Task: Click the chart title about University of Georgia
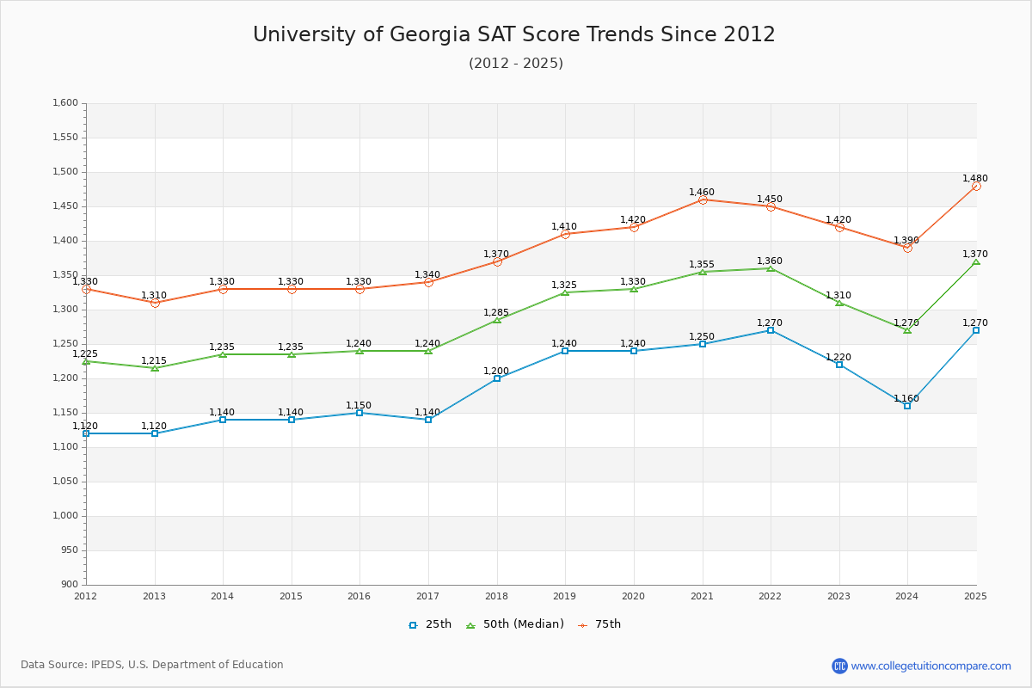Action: (x=514, y=34)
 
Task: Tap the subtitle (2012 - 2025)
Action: (x=516, y=64)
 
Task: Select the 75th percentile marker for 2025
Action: (x=976, y=186)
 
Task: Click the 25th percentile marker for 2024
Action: (x=907, y=406)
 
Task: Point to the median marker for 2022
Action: (x=771, y=268)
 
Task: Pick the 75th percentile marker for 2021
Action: (x=703, y=200)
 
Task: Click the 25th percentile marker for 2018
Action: (x=497, y=378)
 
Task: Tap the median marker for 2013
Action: (x=155, y=368)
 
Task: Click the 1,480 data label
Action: (x=975, y=179)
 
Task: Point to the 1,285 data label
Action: (x=496, y=313)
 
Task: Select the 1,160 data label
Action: (x=906, y=399)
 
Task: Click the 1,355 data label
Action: (x=702, y=265)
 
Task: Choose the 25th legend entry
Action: (x=430, y=624)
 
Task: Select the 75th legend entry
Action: (x=599, y=624)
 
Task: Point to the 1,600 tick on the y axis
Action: (x=66, y=103)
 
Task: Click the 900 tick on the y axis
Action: (x=70, y=585)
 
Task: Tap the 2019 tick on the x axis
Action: (x=565, y=596)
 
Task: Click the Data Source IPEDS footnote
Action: (x=152, y=665)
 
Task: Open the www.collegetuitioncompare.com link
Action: (x=931, y=666)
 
